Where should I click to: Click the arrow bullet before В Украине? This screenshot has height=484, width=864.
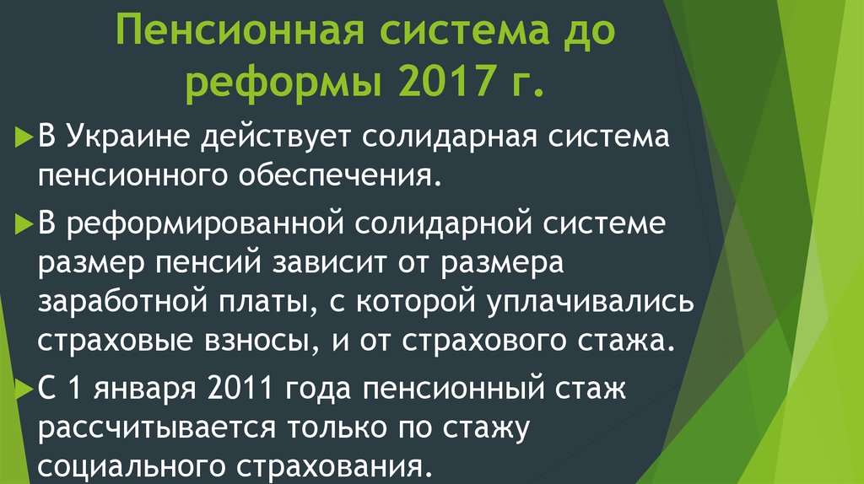[x=23, y=136]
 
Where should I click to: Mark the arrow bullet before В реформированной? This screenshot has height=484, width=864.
[x=23, y=224]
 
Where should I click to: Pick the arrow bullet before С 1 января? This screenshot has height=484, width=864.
[x=23, y=389]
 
